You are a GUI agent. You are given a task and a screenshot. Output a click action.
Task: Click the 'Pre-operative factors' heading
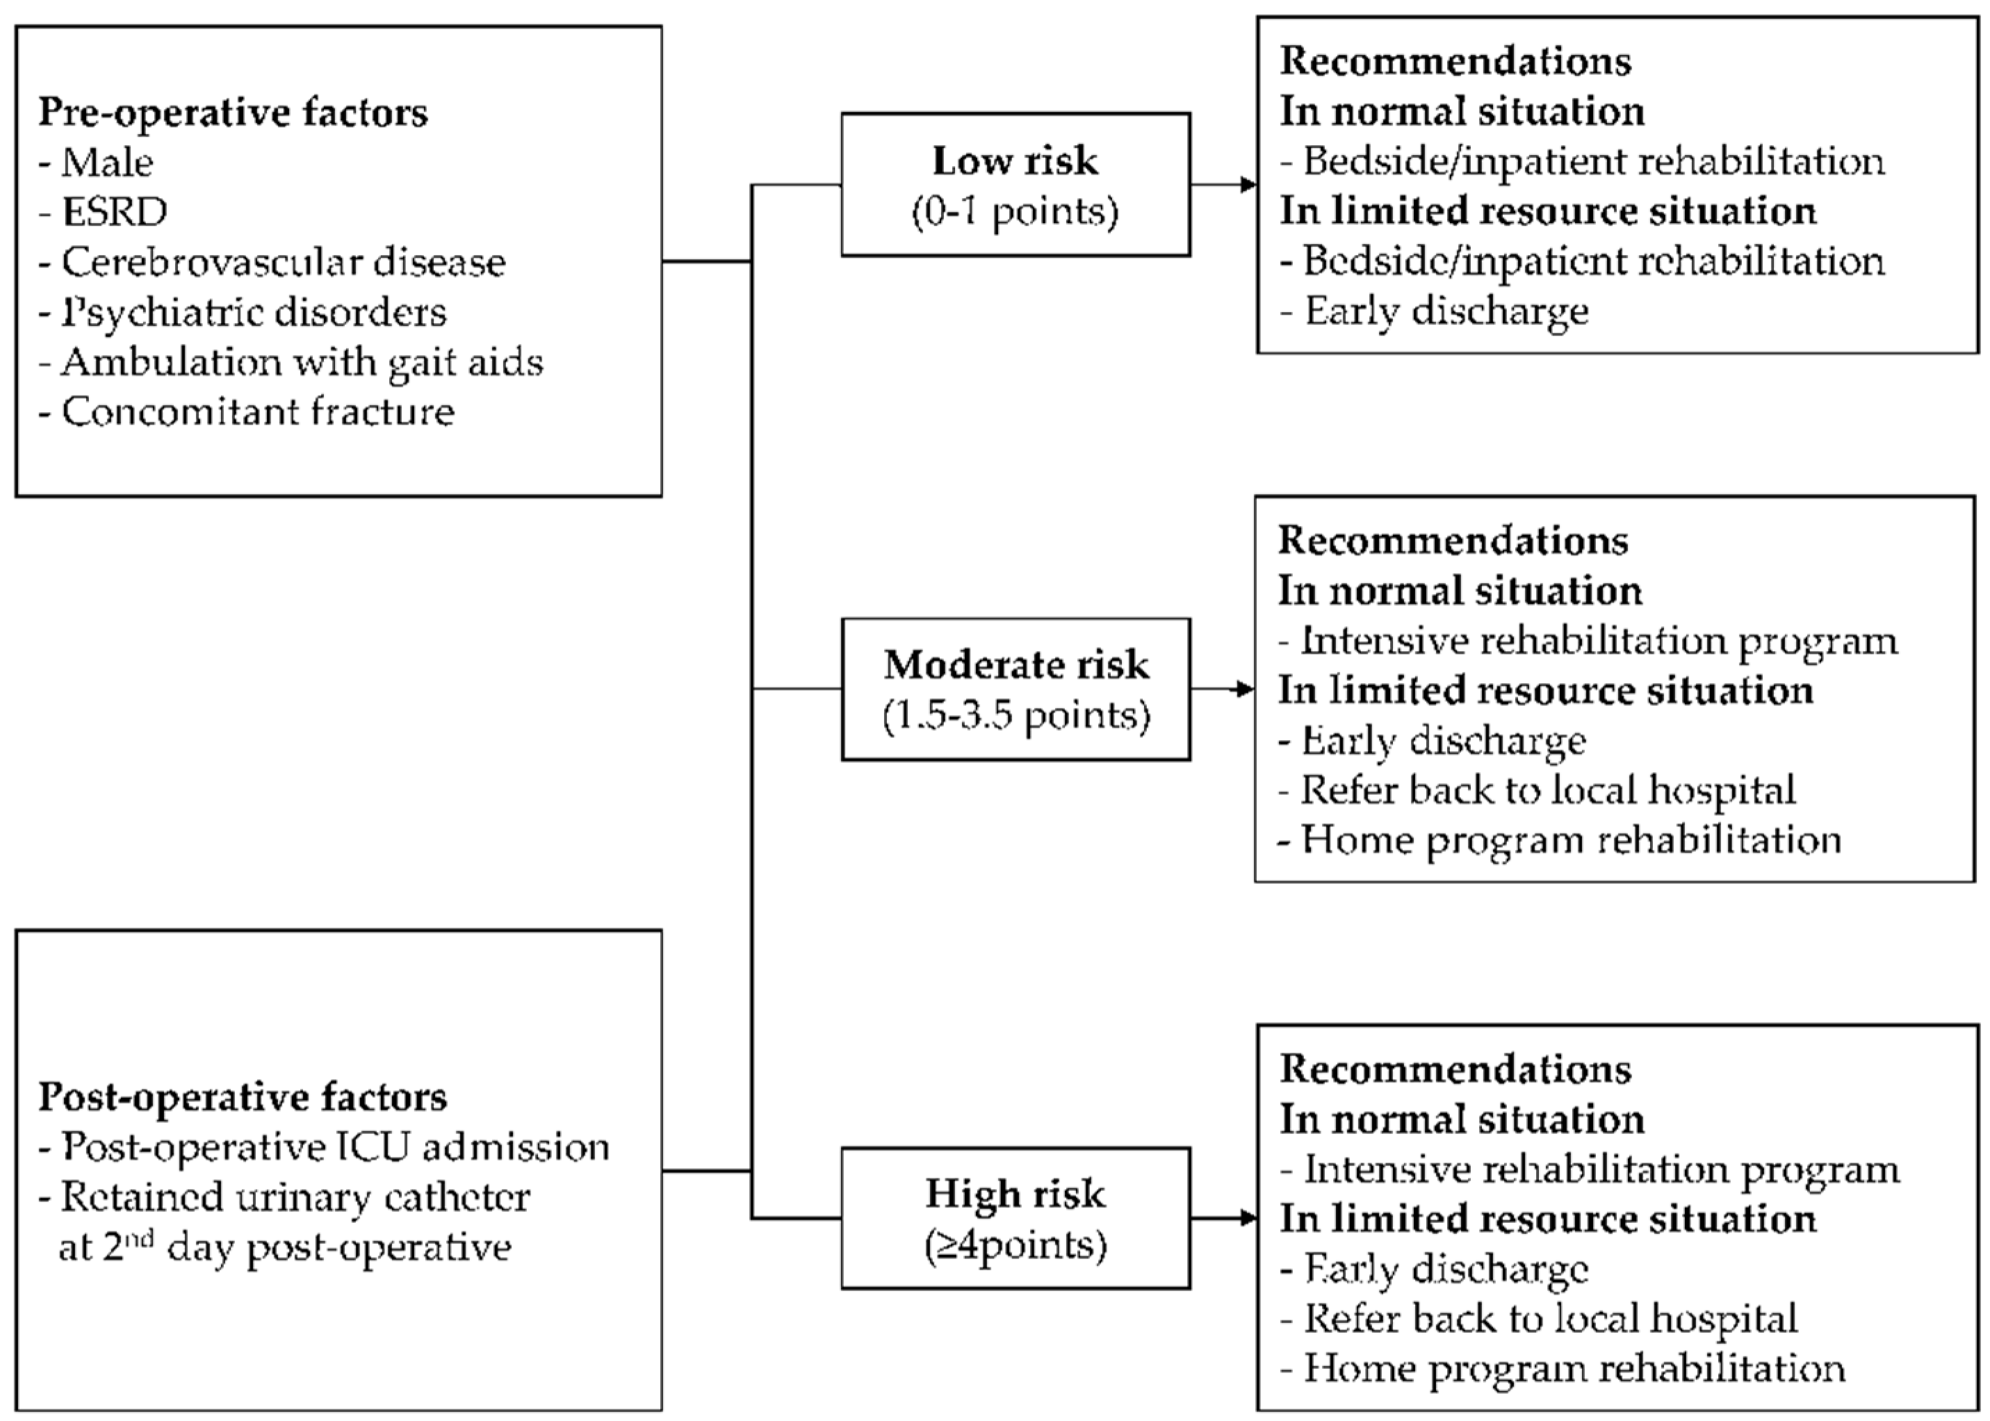233,113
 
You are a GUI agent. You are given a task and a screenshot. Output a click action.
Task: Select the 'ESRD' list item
114,212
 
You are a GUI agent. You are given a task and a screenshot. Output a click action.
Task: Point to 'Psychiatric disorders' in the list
252,313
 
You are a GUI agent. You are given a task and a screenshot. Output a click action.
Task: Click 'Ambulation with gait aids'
301,362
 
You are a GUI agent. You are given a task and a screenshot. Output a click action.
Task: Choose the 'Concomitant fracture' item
257,412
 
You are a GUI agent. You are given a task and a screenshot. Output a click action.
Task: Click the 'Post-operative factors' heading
243,1097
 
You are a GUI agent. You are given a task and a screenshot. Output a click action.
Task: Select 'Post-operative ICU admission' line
334,1147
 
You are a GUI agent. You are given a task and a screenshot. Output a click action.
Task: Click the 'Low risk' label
1015,161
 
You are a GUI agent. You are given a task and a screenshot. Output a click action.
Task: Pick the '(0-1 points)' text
1015,212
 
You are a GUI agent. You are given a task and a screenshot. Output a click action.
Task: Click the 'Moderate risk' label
1015,665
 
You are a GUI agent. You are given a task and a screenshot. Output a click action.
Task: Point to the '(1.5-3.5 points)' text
1015,716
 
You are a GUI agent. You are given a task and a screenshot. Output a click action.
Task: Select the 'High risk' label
1015,1194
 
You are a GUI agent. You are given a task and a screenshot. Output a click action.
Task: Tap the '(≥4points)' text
1015,1245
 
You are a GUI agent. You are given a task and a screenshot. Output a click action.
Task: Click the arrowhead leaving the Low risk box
1249,185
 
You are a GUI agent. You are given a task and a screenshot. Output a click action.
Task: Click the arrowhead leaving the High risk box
1249,1218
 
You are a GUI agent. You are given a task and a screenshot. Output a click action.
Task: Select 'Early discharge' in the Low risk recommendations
1446,311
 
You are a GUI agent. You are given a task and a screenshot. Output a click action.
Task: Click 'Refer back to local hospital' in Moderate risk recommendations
1547,790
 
